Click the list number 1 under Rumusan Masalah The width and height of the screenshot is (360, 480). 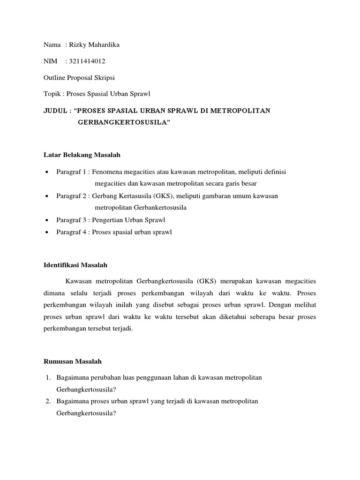point(48,377)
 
